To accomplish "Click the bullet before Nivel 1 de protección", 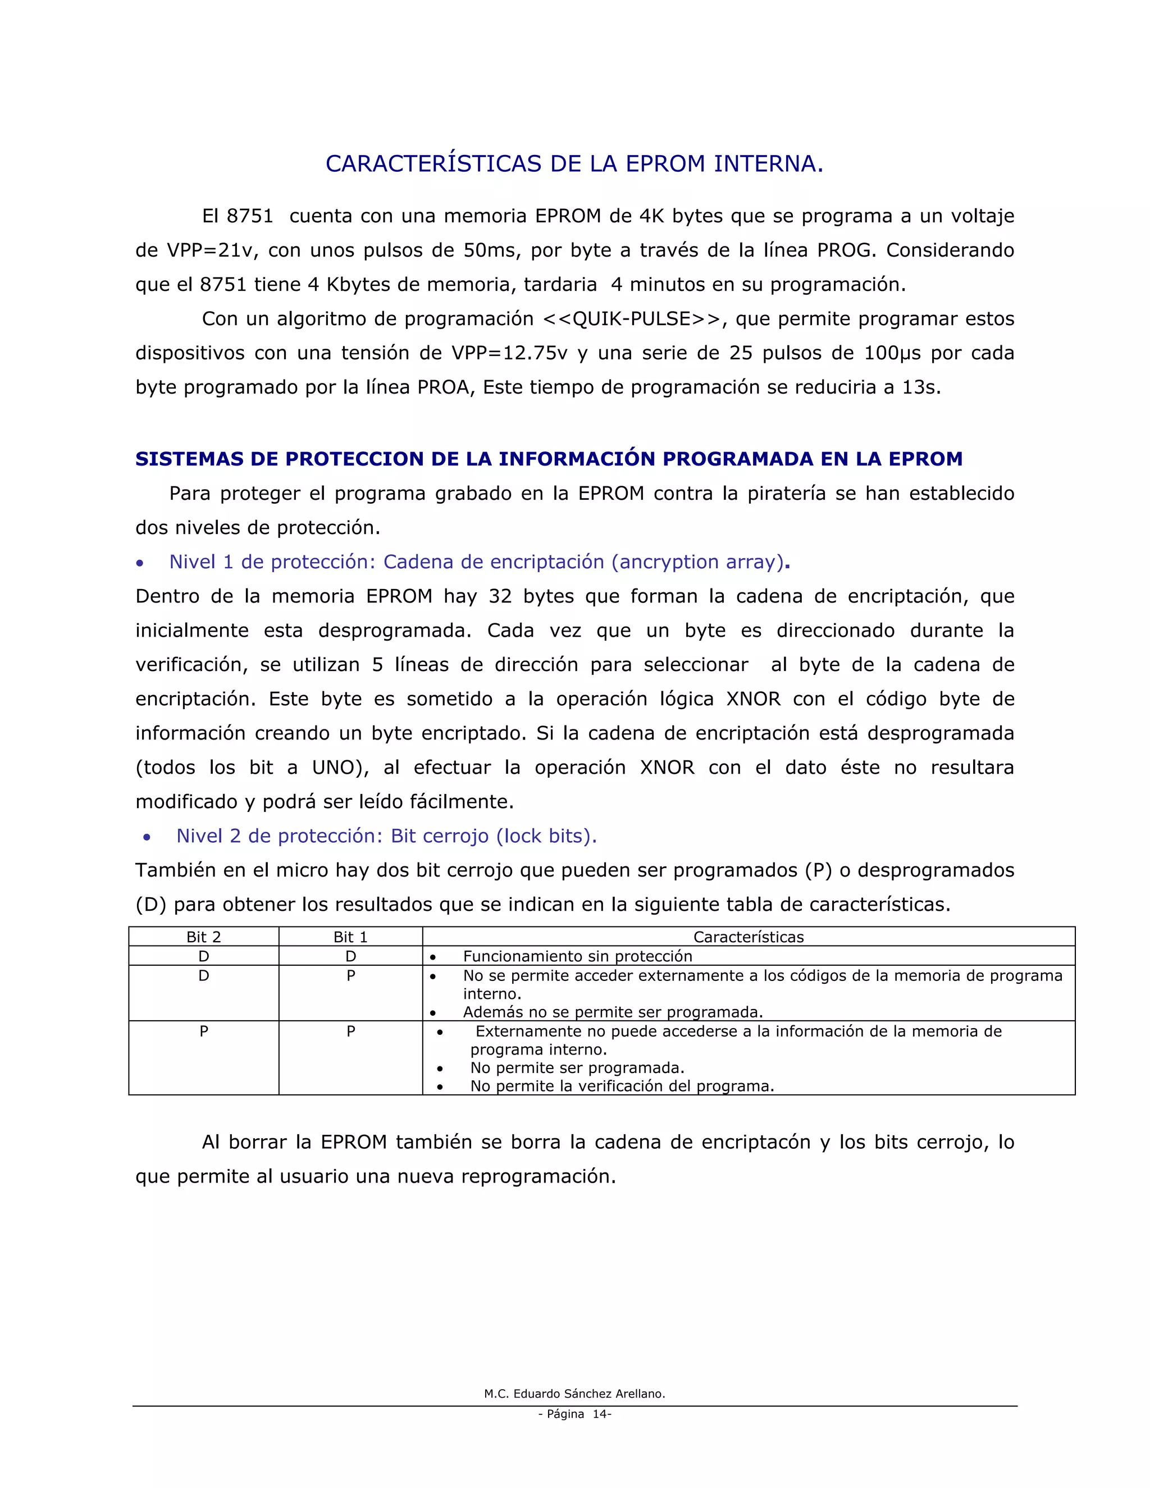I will [140, 563].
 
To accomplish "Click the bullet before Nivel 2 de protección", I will [147, 837].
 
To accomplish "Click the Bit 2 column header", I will [203, 937].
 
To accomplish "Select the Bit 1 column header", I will [350, 937].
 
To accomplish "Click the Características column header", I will [748, 937].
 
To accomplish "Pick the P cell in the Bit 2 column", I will [203, 1031].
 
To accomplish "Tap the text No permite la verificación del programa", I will [622, 1086].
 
